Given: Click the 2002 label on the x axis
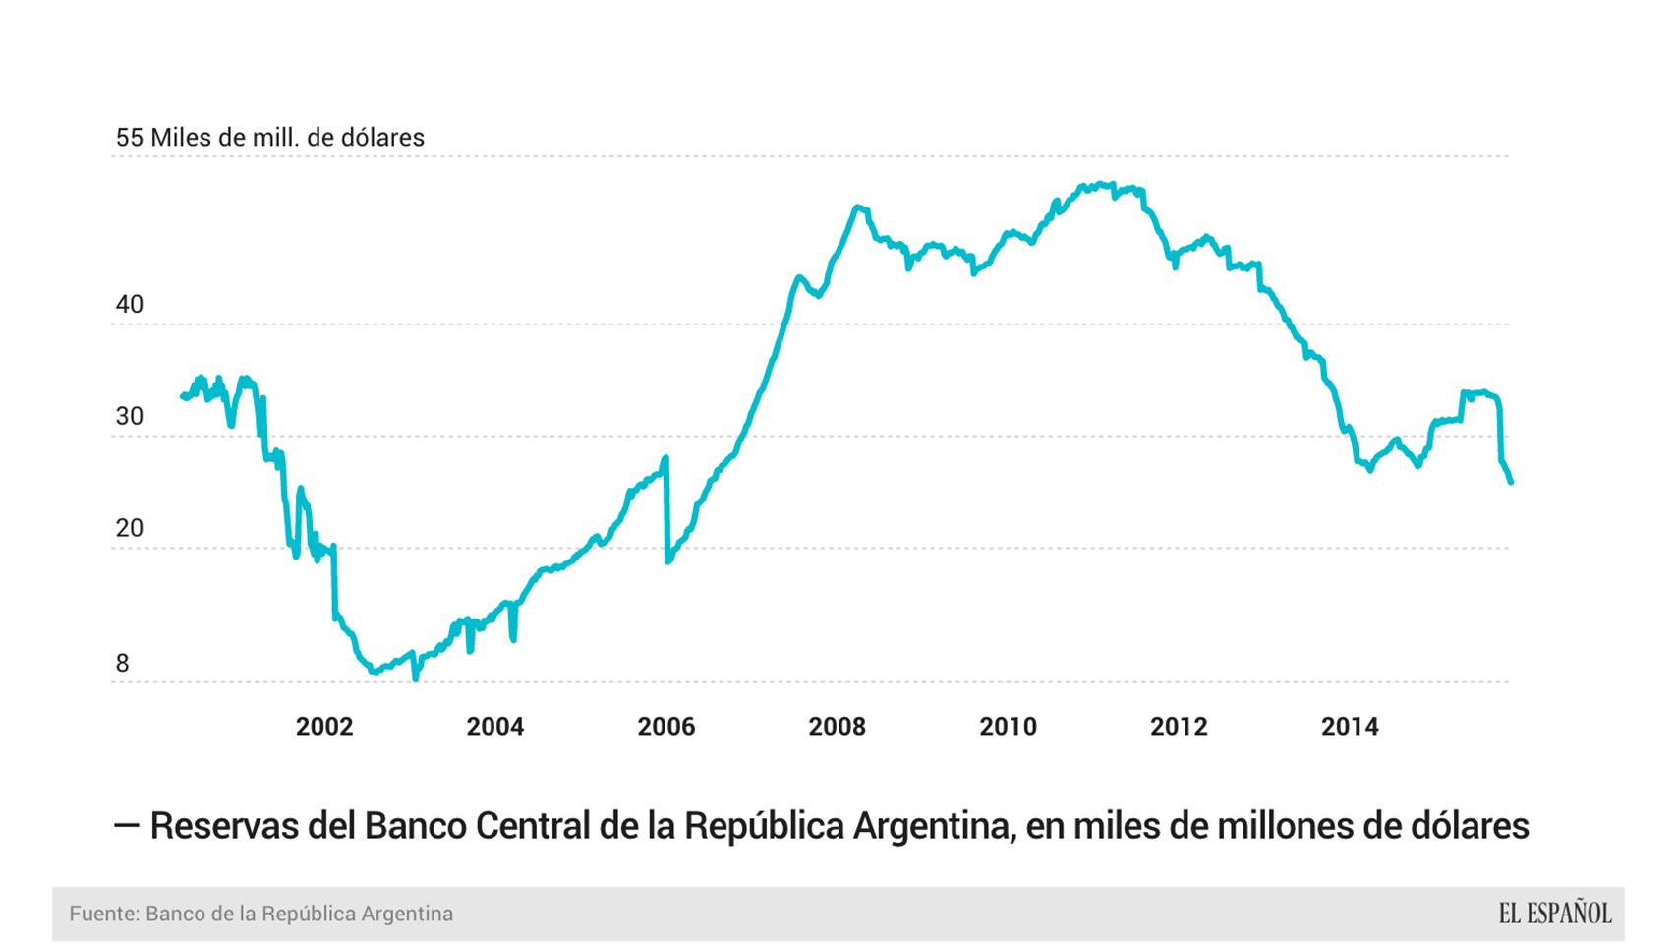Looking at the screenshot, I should click(x=324, y=727).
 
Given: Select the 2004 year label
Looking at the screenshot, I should click(x=495, y=727).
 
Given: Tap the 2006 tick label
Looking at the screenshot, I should click(x=665, y=727).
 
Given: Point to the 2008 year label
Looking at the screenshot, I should click(x=837, y=727).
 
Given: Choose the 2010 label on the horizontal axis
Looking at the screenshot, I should click(x=1008, y=727).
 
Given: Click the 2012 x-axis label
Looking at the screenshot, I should click(x=1179, y=727).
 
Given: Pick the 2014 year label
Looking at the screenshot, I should click(x=1350, y=727).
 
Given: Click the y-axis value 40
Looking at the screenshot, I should click(x=130, y=305).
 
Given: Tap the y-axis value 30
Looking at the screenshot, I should click(x=130, y=417).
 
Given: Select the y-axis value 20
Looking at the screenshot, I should click(x=130, y=529).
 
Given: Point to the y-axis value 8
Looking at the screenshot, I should click(x=122, y=664).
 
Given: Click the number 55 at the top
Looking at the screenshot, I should click(x=130, y=138).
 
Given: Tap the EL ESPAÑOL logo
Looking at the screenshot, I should click(x=1554, y=914).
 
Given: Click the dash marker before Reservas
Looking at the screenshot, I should click(x=126, y=826).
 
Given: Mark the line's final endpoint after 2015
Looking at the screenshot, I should click(x=1510, y=482).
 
